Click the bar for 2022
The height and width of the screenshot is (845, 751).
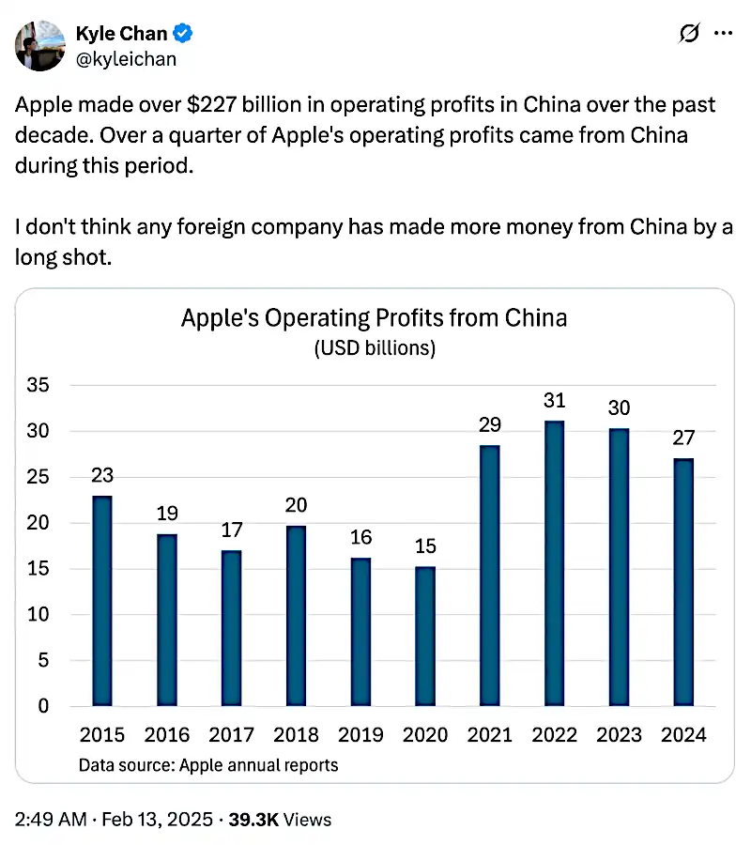tap(554, 563)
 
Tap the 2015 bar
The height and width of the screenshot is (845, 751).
tap(102, 601)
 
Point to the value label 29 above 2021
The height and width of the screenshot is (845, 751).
tap(489, 423)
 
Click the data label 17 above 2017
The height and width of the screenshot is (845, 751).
tap(231, 530)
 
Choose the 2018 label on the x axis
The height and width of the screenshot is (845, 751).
tap(296, 734)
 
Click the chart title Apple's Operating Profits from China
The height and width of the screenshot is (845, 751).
tap(374, 317)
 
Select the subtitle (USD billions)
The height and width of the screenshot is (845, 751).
tap(374, 348)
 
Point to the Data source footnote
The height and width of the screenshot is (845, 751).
tap(208, 764)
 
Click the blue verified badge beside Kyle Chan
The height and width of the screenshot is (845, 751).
tap(185, 35)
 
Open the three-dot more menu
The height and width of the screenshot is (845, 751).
tap(723, 34)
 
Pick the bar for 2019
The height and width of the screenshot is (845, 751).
tap(360, 632)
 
